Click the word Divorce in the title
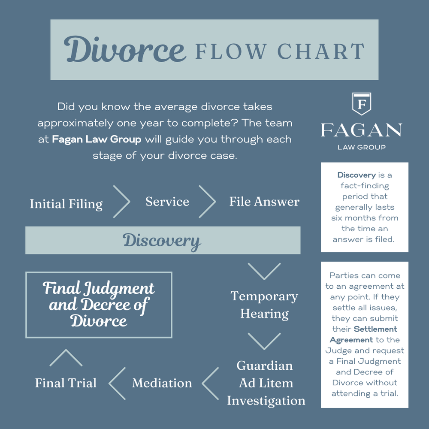125,50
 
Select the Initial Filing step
66,204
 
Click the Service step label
167,202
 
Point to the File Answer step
264,202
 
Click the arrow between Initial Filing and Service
121,202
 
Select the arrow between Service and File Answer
207,202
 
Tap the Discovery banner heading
162,241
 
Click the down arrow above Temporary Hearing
264,271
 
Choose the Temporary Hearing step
264,305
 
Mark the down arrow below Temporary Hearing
264,341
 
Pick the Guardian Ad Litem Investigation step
266,383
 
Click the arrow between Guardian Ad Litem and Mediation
210,383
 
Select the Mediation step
162,383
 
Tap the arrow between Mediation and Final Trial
117,383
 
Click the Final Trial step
66,383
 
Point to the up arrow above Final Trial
66,358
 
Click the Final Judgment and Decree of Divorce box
99,305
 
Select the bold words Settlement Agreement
364,334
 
